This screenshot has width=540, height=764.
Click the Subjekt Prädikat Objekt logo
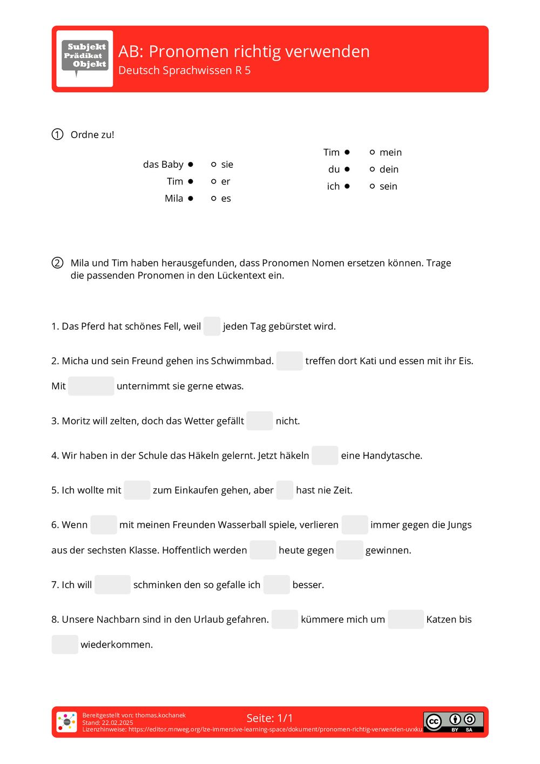click(85, 58)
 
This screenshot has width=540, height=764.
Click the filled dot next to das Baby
click(191, 164)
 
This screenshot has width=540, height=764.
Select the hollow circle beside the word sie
click(214, 164)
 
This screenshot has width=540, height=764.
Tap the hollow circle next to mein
click(372, 152)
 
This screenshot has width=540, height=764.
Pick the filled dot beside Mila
click(191, 198)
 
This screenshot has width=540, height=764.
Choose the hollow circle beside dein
click(372, 169)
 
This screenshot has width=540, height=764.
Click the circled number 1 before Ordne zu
click(57, 134)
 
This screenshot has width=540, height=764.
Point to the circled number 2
click(57, 263)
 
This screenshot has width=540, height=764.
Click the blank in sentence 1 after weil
click(212, 326)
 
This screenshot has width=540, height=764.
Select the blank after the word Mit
click(91, 386)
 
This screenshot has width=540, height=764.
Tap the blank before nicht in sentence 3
click(260, 421)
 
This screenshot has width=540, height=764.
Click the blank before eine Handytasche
click(325, 455)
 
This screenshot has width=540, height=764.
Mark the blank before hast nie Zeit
click(285, 490)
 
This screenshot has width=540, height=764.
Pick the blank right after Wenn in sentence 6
click(104, 524)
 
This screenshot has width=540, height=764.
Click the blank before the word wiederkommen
click(65, 644)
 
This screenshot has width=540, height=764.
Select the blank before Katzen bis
click(406, 619)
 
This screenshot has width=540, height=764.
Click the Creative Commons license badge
click(454, 721)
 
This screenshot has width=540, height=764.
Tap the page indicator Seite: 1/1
click(269, 718)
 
